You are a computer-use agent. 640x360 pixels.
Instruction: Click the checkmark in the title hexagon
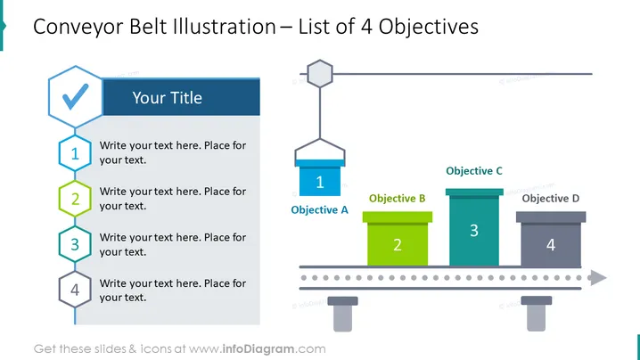76,97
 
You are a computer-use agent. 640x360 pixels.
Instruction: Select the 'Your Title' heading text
167,98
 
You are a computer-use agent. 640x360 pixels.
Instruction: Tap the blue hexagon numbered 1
75,153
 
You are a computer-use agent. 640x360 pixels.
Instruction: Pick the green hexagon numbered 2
75,199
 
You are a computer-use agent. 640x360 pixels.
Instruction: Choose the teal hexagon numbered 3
75,244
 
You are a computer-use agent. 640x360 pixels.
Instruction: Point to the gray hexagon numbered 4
75,290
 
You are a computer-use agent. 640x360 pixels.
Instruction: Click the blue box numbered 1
320,178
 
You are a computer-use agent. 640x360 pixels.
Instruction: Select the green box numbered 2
398,239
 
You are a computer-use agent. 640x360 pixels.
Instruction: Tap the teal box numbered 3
474,227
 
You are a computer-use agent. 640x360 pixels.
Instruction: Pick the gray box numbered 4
551,239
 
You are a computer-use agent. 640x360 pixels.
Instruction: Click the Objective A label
320,209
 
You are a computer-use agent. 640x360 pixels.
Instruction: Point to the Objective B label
398,199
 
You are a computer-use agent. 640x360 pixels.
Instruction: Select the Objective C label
474,170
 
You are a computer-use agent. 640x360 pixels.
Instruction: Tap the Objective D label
551,199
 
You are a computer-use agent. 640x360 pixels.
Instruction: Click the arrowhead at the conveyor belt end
598,278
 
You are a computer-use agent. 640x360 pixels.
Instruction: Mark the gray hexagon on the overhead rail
320,74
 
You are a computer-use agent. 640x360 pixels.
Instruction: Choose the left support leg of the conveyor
343,314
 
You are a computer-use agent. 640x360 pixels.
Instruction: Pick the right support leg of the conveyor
537,314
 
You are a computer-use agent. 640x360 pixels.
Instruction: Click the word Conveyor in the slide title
78,28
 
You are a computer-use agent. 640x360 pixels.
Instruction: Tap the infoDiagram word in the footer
258,349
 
